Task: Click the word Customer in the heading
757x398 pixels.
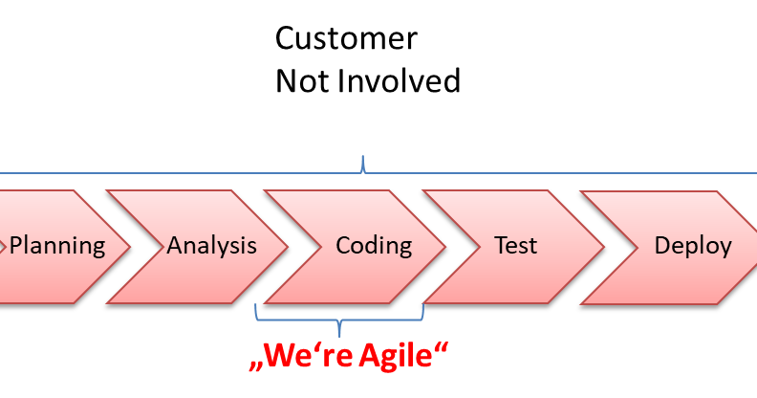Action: (x=346, y=38)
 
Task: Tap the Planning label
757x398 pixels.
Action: (x=57, y=246)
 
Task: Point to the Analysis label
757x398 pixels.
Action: (x=211, y=246)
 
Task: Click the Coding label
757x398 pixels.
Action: (x=374, y=246)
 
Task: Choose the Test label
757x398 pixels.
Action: (x=515, y=245)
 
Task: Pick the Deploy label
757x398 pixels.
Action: (x=693, y=246)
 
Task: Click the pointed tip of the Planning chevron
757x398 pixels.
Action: (x=130, y=247)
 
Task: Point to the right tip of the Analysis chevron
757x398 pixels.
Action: (x=288, y=247)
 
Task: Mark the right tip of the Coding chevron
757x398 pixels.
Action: (x=445, y=247)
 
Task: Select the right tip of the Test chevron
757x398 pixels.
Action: (x=604, y=247)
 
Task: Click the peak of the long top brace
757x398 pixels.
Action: (x=363, y=157)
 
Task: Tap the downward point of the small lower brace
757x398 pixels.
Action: (x=339, y=336)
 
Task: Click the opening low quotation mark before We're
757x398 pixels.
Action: (x=256, y=366)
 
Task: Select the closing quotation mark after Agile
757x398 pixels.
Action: (x=442, y=346)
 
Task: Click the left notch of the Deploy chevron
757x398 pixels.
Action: (x=638, y=247)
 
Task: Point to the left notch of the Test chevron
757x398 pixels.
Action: (x=480, y=247)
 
